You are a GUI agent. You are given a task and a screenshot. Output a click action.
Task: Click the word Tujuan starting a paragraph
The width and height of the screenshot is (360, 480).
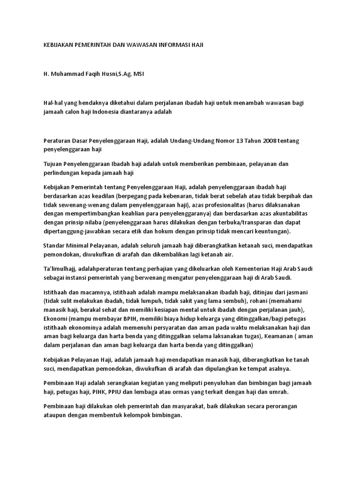[x=53, y=165]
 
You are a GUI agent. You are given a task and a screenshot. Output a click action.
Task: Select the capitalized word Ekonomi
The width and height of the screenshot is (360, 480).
[x=55, y=319]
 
